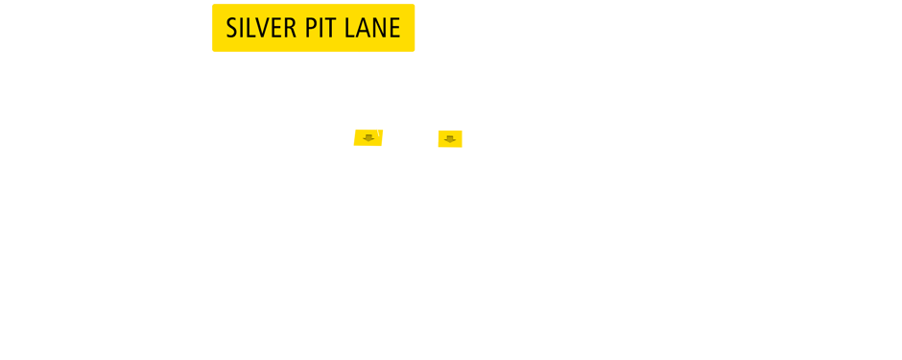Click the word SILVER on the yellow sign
coord(262,29)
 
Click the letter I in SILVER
coord(245,29)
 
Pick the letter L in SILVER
coord(254,29)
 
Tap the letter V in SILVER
coord(266,29)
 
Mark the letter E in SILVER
coord(279,29)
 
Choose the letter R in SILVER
coord(292,29)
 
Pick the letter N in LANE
coord(379,29)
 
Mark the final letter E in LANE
coord(394,29)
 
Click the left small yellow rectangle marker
coord(368,137)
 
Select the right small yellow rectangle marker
coord(450,138)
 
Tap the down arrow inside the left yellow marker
coord(368,139)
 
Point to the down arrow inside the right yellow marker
coord(450,140)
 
